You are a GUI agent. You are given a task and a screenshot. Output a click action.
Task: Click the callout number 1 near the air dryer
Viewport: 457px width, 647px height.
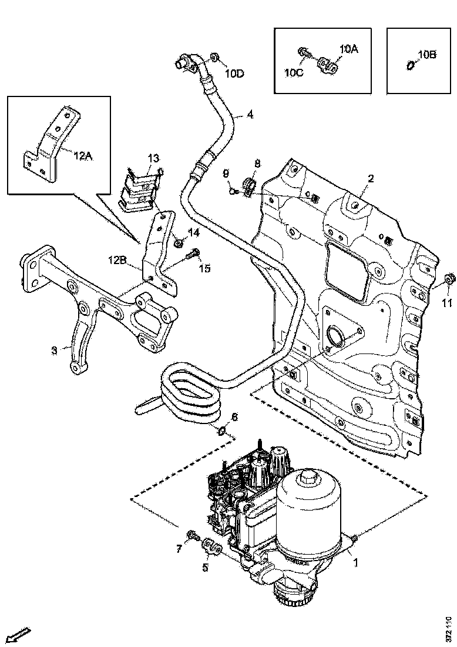[355, 562]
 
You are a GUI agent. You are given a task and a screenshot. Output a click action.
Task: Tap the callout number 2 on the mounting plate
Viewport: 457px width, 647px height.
[371, 178]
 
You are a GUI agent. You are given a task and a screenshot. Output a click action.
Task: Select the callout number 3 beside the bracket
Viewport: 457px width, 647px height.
[54, 351]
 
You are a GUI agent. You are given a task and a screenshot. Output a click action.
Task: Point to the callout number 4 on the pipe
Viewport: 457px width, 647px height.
[250, 115]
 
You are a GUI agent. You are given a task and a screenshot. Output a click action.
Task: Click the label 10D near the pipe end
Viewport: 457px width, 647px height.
[234, 74]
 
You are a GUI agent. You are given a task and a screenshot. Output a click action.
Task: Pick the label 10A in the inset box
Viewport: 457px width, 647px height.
[348, 49]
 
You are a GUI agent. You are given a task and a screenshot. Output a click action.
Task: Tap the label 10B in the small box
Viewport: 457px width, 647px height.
[427, 55]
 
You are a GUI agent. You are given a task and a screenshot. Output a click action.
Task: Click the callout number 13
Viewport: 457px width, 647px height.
[153, 158]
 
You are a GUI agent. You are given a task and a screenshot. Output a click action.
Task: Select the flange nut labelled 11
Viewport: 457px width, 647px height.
[448, 278]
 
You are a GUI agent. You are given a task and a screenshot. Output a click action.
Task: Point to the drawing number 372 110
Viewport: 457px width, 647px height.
[448, 629]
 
